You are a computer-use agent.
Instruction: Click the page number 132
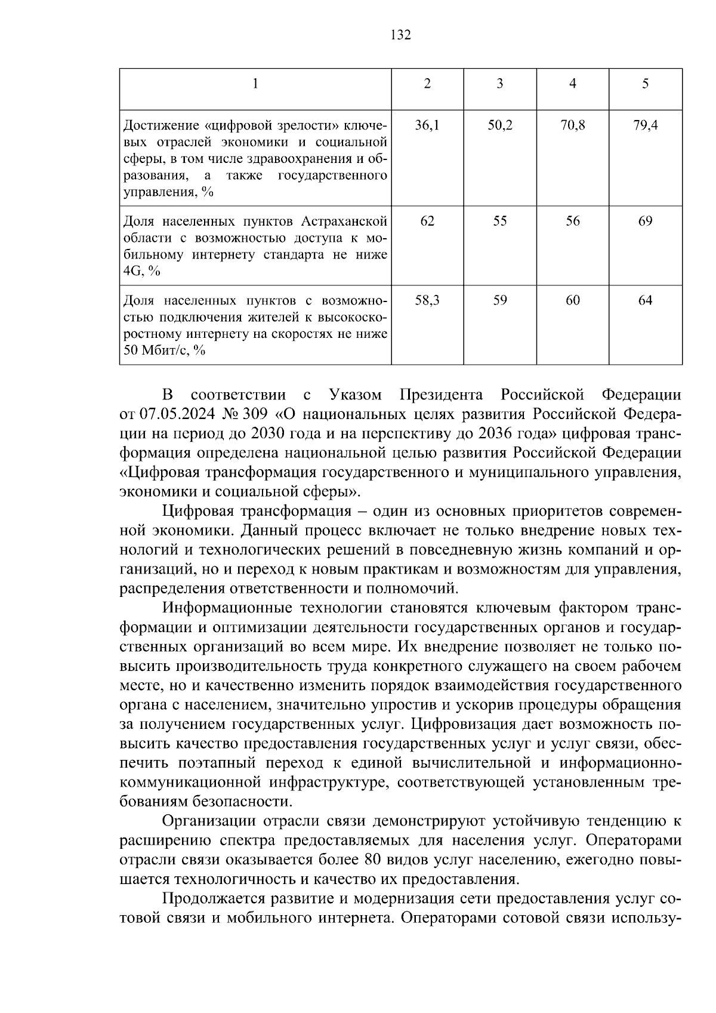click(400, 36)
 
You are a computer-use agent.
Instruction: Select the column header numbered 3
click(500, 84)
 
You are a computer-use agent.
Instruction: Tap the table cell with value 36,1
click(427, 126)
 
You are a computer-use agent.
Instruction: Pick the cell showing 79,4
click(646, 126)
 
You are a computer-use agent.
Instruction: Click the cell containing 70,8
click(573, 126)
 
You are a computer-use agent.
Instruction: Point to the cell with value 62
click(427, 221)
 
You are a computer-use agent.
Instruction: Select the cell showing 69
click(646, 221)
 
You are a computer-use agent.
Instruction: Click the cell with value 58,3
click(427, 301)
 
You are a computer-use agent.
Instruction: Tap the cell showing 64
click(646, 301)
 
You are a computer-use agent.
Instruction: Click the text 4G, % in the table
click(141, 272)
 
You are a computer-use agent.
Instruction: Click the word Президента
click(441, 395)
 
